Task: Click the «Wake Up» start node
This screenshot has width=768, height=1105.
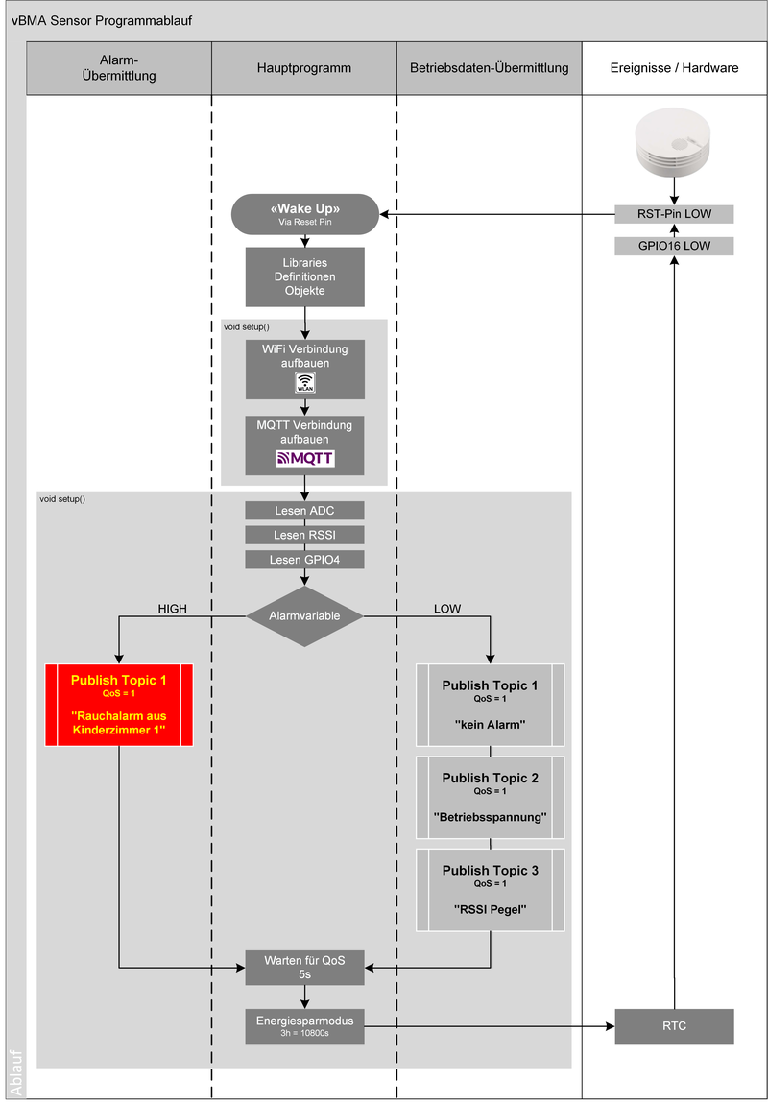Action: [x=304, y=214]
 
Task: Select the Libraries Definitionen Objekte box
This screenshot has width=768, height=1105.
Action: [x=304, y=276]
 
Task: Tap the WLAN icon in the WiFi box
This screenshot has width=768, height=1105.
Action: [x=304, y=383]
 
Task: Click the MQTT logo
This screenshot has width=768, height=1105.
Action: [x=304, y=458]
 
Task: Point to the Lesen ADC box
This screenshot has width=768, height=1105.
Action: [x=304, y=510]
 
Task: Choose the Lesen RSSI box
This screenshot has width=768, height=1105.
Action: [x=304, y=535]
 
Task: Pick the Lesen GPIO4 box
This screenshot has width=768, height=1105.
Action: [x=304, y=559]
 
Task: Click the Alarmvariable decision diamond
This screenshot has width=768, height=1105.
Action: [x=304, y=616]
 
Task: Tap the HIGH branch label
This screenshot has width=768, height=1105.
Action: [x=172, y=609]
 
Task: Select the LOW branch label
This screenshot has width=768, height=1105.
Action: [x=447, y=609]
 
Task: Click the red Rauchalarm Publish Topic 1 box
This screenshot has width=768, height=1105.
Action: [x=119, y=705]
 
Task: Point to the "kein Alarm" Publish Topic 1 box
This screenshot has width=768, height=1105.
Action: [x=490, y=705]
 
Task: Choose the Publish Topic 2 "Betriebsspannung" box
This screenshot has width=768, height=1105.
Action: [x=490, y=797]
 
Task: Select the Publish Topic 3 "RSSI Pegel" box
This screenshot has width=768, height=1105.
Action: [x=490, y=889]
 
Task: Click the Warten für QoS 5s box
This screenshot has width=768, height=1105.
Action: [x=304, y=967]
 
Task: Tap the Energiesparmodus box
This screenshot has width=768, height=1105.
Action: [x=304, y=1026]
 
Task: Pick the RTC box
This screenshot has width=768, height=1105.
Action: [x=674, y=1026]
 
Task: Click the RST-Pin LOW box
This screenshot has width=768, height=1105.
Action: [x=674, y=214]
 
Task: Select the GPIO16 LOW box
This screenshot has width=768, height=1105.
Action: [x=674, y=247]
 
